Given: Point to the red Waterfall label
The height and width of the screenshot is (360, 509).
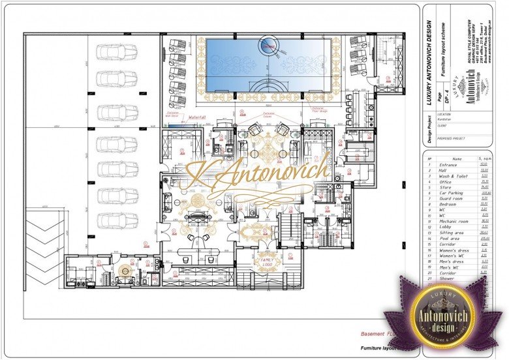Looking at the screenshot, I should point(197,117).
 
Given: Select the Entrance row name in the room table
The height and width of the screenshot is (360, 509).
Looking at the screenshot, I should point(448,165).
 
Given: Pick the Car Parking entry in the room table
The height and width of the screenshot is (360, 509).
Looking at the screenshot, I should point(452,194).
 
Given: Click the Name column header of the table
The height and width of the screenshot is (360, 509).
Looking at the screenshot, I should point(456,158).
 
